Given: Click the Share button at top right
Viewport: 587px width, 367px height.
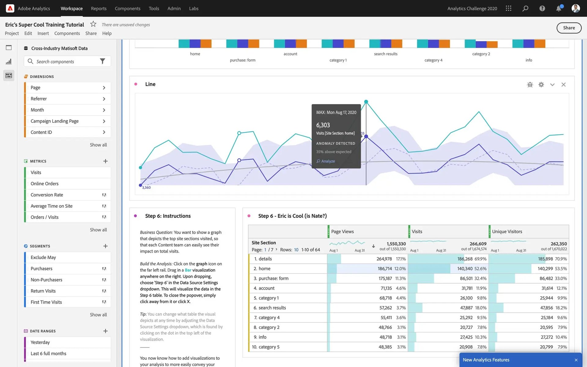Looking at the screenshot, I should [x=569, y=28].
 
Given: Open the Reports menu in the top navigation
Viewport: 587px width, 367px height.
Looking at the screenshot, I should [x=98, y=9].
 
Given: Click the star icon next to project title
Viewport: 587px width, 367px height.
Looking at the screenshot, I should [x=93, y=24].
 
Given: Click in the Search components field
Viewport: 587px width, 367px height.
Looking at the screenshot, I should [x=66, y=61].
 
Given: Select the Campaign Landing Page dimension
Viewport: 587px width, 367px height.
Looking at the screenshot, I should [x=54, y=121].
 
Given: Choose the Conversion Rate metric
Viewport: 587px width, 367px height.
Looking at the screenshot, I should [x=47, y=195].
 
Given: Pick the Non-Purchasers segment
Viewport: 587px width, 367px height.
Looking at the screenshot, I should [x=46, y=280].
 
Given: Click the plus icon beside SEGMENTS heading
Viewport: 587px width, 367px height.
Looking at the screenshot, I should [x=105, y=246].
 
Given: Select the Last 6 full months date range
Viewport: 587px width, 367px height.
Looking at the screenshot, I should [x=48, y=354].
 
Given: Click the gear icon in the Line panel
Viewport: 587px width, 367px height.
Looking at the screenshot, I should [x=541, y=85].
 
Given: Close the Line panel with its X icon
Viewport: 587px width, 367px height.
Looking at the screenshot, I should [x=563, y=85].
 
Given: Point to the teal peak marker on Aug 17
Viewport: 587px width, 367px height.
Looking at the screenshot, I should [x=366, y=102].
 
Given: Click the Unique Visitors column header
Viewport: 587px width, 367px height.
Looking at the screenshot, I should [x=507, y=232].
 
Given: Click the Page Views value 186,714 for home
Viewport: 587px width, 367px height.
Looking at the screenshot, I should [x=384, y=269].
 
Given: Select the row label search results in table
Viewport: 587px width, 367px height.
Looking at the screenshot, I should [x=272, y=308].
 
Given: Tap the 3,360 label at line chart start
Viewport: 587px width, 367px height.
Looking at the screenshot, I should [x=146, y=187].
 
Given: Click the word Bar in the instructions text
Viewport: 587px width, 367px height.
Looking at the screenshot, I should [x=188, y=270].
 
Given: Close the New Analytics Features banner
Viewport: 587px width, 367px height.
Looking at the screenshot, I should [x=576, y=360].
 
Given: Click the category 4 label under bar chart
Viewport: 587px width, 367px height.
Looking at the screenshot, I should [x=433, y=60].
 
